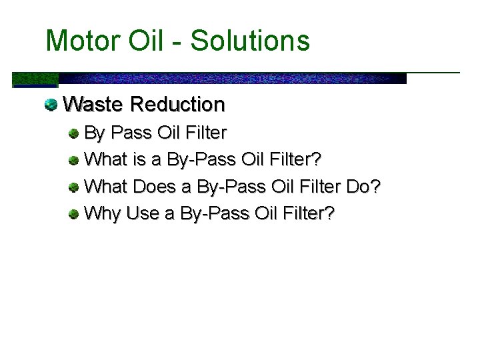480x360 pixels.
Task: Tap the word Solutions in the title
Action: [x=250, y=41]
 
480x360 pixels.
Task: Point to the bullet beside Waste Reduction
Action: [x=51, y=105]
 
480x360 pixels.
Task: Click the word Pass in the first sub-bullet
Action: [x=132, y=133]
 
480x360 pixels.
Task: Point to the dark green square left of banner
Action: [x=35, y=80]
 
